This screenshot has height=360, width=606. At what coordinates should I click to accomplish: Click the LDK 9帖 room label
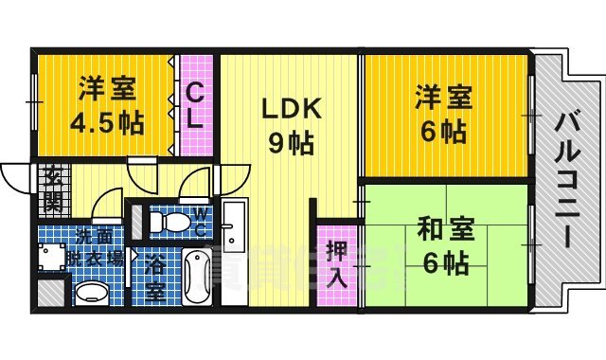[x=289, y=124]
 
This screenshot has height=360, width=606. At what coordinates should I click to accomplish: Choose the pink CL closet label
[x=196, y=105]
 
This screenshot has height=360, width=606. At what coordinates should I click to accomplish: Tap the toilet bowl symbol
[x=170, y=223]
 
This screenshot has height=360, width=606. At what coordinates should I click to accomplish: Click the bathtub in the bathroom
[x=197, y=276]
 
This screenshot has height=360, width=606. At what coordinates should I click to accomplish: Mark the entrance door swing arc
[x=16, y=175]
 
